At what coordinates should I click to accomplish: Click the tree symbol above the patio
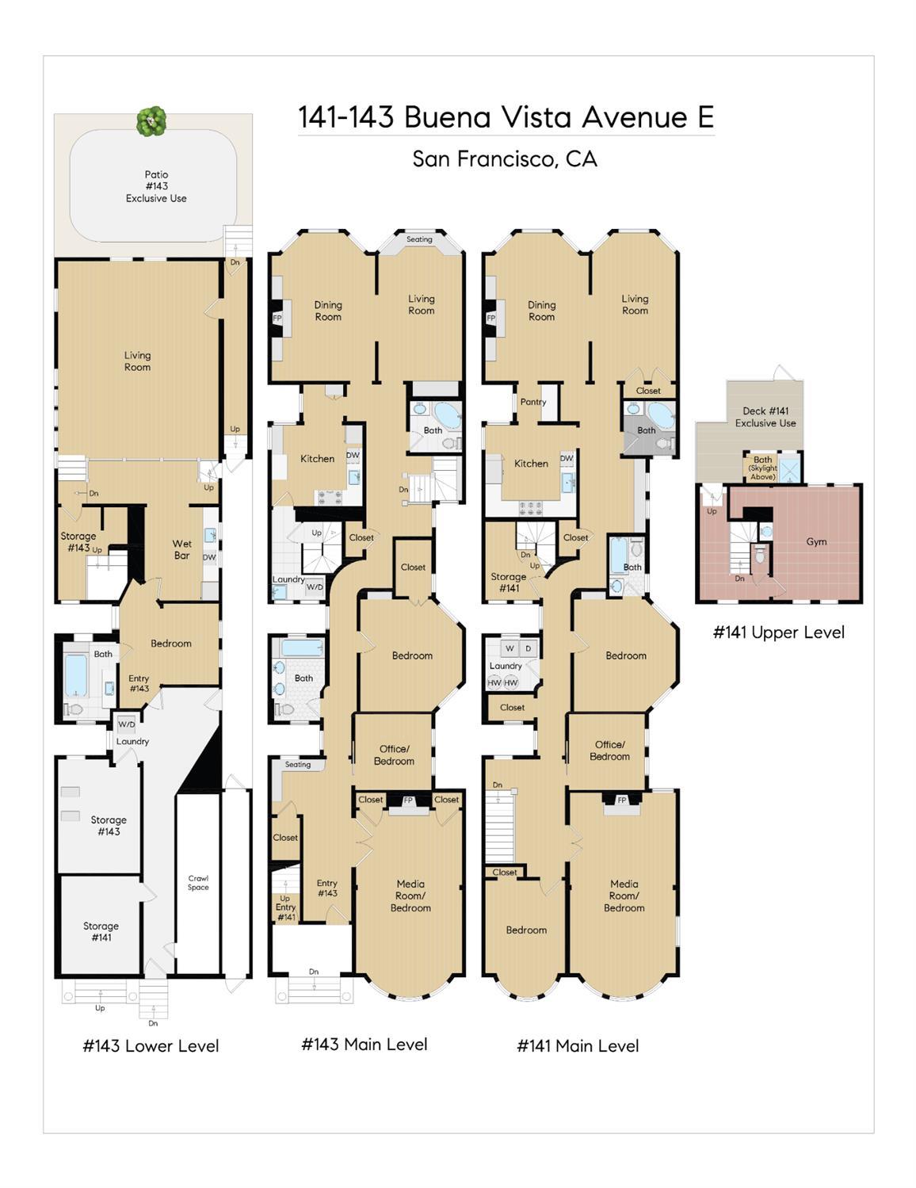point(151,121)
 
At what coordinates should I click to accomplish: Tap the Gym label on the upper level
point(816,542)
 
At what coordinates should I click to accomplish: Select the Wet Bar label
point(182,549)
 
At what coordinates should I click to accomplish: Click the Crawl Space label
point(198,882)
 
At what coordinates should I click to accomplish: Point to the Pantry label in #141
point(533,402)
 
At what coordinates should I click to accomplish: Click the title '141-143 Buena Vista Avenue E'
point(506,117)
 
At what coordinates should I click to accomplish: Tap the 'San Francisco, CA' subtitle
point(505,159)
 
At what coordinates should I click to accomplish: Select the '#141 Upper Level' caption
point(778,632)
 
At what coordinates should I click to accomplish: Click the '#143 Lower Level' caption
point(151,1046)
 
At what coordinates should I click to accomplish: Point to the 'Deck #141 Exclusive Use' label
point(765,417)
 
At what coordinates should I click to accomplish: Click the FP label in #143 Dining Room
point(277,318)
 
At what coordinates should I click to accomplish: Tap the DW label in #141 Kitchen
point(567,458)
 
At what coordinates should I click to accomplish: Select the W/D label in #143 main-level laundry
point(315,587)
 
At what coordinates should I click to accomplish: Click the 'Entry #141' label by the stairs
point(285,907)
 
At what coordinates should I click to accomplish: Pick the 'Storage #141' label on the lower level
point(101,931)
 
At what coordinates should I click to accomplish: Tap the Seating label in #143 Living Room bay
point(419,239)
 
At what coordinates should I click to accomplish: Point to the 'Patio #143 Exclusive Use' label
point(156,186)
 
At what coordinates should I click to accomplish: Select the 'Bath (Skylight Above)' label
point(762,468)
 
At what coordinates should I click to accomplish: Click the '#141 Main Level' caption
point(578,1046)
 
